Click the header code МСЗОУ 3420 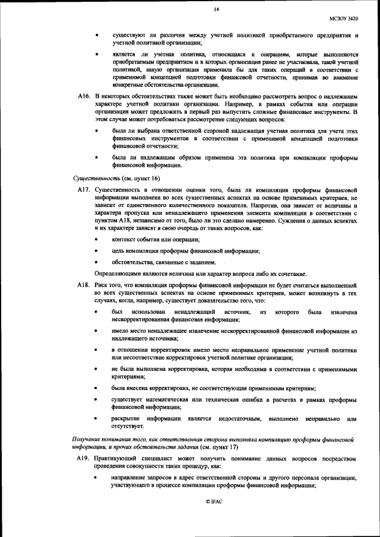(344, 19)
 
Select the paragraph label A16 (83, 96)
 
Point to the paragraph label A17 (83, 189)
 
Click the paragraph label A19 (83, 459)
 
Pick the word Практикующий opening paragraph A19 (119, 459)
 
